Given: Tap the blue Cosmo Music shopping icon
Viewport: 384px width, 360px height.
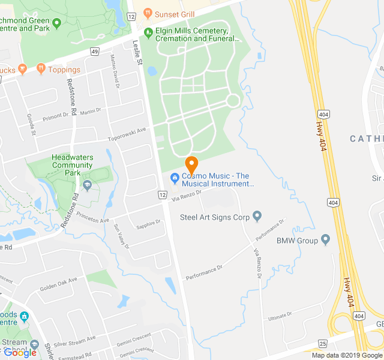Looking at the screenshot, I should pos(175,177).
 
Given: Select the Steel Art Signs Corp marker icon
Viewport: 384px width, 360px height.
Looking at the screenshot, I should pos(257,216).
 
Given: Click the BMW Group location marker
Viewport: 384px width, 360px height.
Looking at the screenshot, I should pos(326,240).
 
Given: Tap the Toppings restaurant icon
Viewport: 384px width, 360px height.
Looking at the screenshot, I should pos(40,69).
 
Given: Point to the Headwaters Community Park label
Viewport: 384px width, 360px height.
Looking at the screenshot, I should pos(72,165).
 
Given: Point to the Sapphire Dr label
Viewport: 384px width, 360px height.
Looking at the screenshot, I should pos(149,224).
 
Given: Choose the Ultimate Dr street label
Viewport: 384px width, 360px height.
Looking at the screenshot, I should pos(280,315).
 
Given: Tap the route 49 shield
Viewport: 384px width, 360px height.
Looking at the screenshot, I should pos(95,52).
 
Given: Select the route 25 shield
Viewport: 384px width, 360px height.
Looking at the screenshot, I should pos(323,344).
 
